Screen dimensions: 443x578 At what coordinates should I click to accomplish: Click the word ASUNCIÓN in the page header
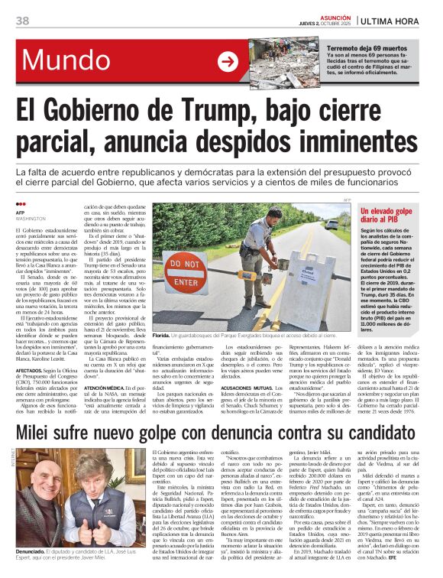pyautogui.click(x=329, y=15)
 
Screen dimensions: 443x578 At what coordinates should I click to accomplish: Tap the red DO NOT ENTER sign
pyautogui.click(x=184, y=268)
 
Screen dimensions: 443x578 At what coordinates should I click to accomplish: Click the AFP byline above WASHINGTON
pyautogui.click(x=21, y=212)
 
